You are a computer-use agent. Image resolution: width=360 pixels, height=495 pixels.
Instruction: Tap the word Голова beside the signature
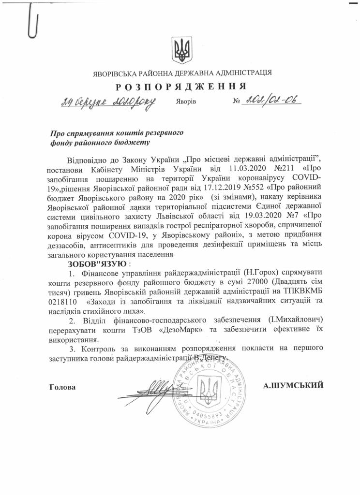(x=62, y=387)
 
